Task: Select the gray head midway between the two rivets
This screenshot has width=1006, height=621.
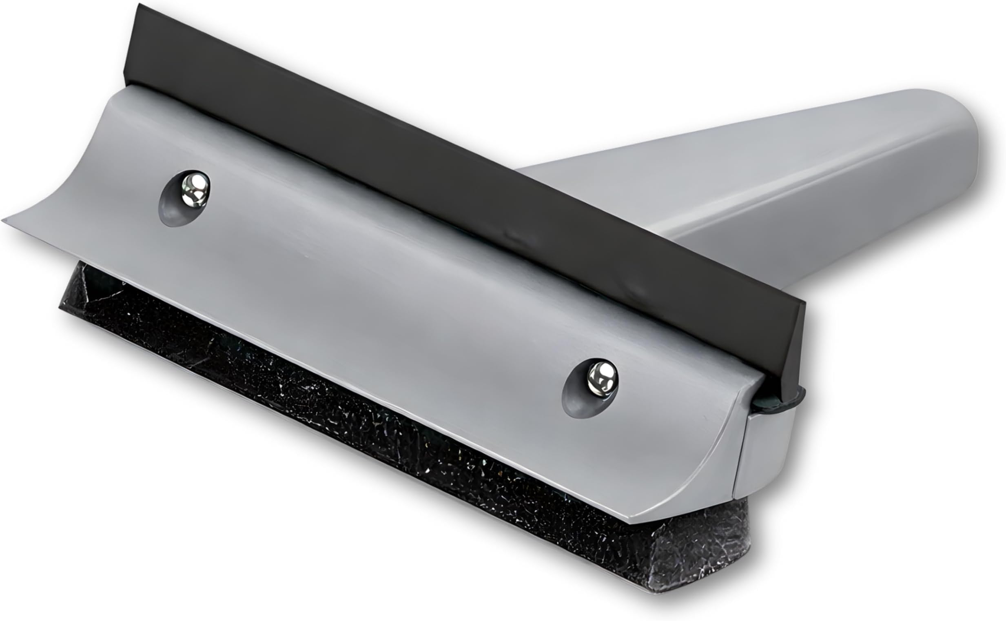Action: click(390, 288)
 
